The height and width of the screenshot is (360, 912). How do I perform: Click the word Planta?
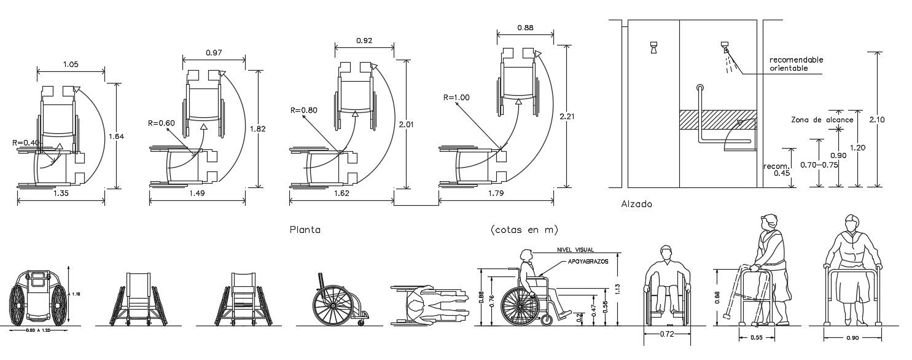click(305, 230)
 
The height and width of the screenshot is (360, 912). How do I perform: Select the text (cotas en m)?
click(524, 230)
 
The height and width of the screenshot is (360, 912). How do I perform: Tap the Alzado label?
click(636, 204)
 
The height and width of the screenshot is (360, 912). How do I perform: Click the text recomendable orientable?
click(797, 64)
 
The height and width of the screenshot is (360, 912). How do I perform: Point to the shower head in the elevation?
click(725, 48)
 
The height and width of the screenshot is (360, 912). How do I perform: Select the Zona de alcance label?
click(822, 120)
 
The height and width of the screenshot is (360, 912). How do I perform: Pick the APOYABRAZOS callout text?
click(584, 262)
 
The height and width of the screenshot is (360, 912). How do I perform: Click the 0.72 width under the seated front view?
click(666, 334)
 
